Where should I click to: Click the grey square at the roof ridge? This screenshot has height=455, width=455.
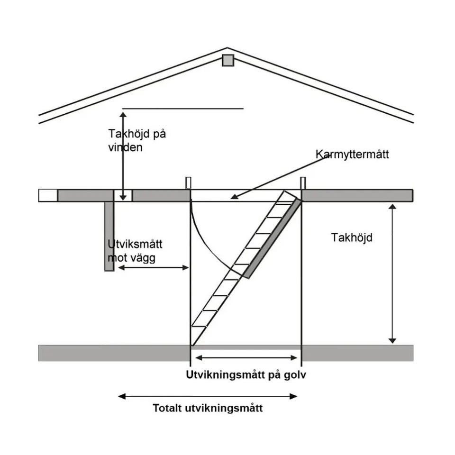[228, 60]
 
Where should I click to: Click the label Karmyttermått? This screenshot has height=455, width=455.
[352, 154]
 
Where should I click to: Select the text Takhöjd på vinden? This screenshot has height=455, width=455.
[137, 140]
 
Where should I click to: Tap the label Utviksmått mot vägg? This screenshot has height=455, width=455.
[135, 251]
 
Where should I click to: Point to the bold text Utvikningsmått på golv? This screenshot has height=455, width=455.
[246, 375]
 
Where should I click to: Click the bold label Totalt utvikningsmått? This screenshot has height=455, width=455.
[208, 408]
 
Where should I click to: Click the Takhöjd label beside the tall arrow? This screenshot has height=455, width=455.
[352, 237]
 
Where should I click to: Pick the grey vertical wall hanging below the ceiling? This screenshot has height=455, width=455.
[109, 236]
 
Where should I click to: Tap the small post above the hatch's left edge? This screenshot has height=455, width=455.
[188, 183]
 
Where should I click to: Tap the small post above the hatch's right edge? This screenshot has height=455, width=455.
[303, 183]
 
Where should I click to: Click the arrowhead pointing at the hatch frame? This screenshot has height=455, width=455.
[234, 197]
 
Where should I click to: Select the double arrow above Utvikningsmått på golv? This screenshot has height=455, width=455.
[246, 358]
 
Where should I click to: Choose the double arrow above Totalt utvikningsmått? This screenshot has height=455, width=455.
[208, 396]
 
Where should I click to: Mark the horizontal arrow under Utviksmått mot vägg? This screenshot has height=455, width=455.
[153, 267]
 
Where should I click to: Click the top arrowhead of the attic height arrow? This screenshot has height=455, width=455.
[123, 115]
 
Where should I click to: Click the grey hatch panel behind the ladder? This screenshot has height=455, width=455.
[273, 238]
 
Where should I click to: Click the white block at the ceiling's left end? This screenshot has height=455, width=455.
[48, 195]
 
